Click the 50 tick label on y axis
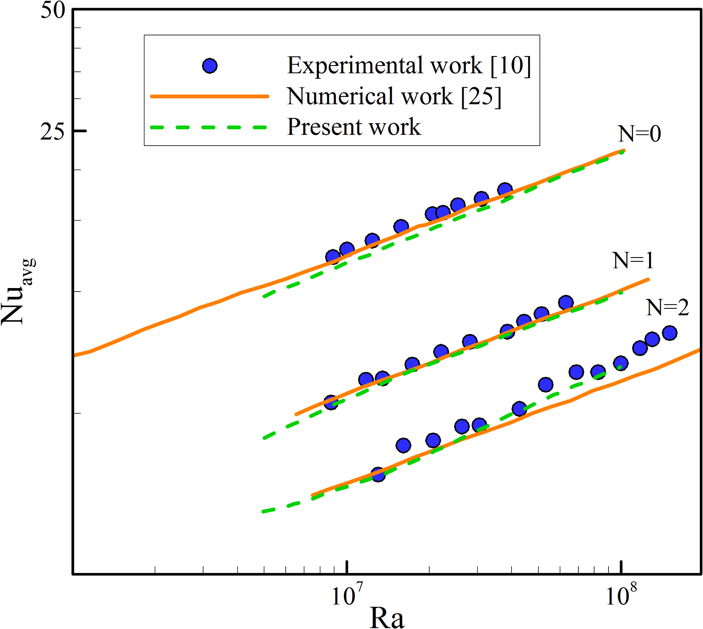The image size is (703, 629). point(53,11)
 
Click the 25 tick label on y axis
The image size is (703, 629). point(53,132)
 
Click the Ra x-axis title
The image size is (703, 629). point(387,618)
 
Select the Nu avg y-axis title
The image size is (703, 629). point(18,292)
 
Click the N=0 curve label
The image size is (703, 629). point(639,134)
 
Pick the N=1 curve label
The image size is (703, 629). point(633,261)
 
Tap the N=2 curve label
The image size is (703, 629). point(667,308)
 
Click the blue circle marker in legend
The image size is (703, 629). point(210,66)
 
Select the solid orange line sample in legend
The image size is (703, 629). point(209,96)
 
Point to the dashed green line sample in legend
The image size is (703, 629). point(209,127)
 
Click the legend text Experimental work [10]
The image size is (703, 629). point(409,65)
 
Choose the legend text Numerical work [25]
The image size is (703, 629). point(394,96)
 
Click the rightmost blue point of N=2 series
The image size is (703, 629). point(669,333)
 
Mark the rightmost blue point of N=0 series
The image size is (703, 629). point(505,190)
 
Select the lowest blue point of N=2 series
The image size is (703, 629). point(378,475)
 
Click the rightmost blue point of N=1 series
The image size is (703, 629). point(566,302)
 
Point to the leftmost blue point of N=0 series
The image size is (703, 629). point(333,257)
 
